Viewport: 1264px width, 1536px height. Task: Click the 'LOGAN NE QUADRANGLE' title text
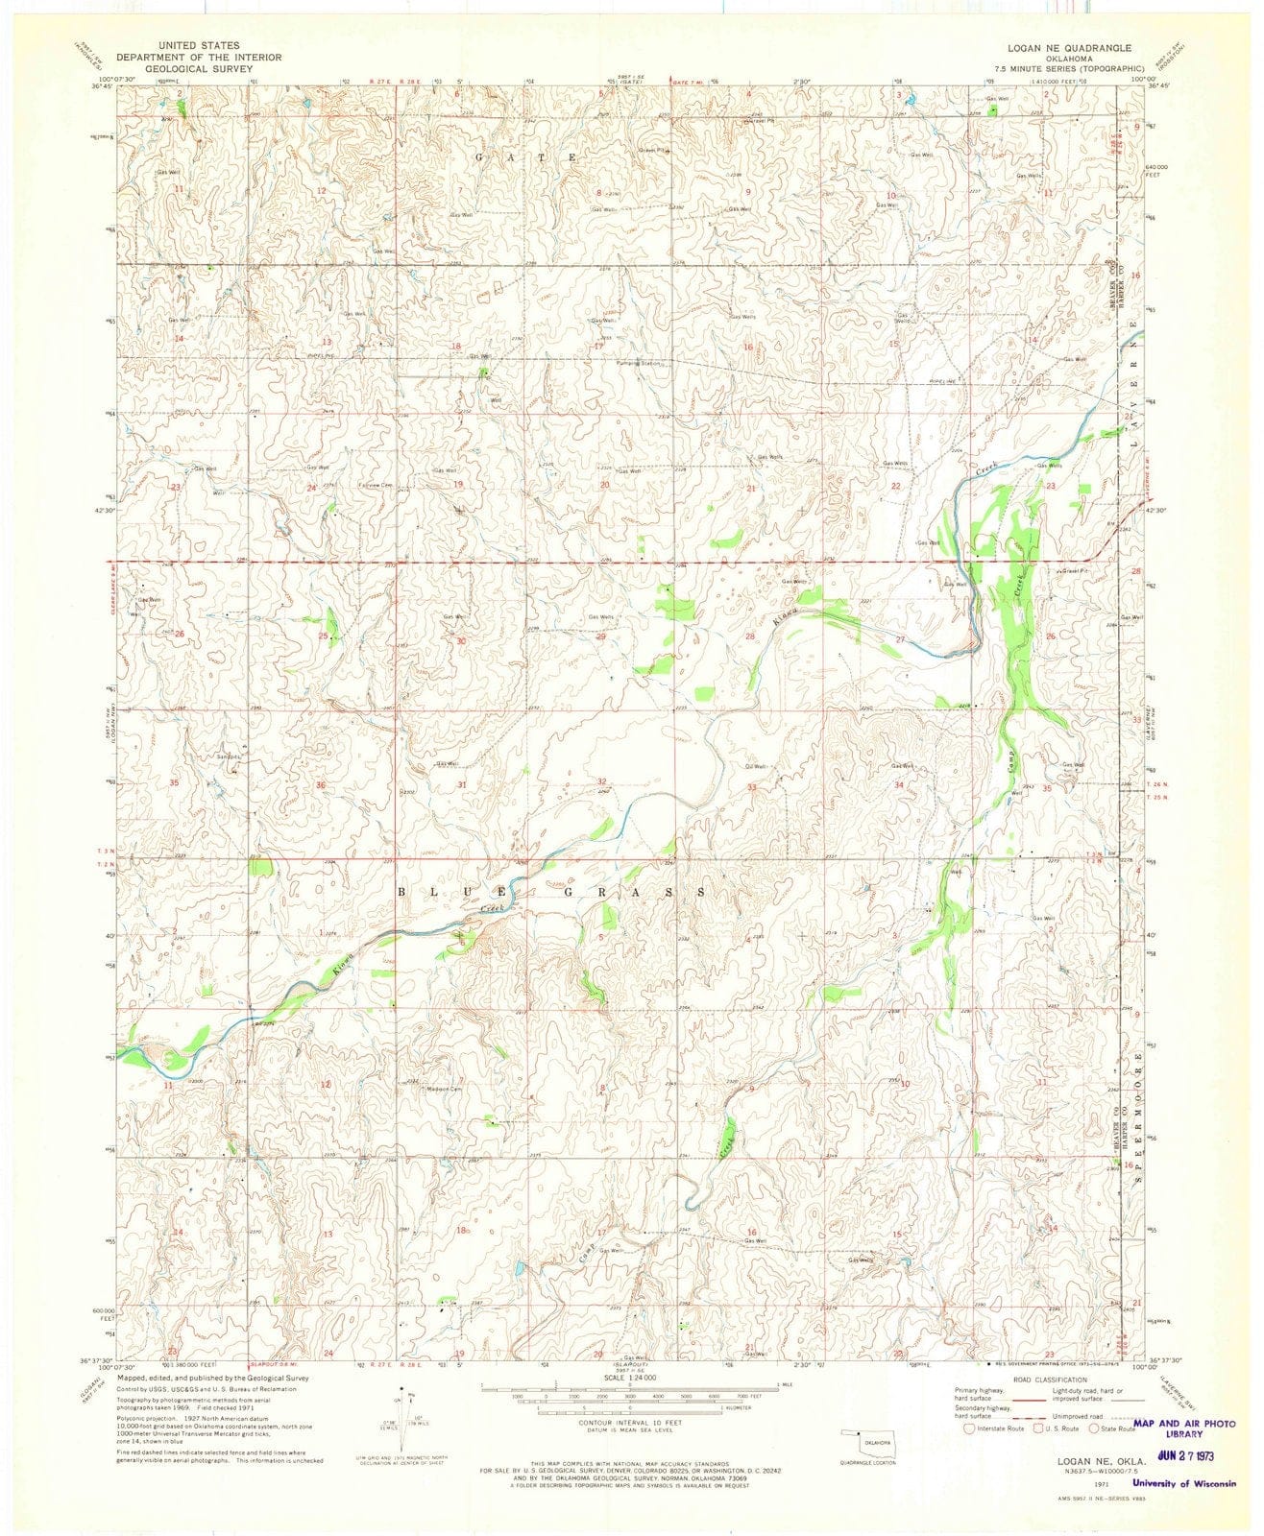tap(1067, 47)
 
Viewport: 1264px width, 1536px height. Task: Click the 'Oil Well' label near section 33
tap(756, 766)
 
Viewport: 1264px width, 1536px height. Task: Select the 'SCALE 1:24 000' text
tap(633, 1380)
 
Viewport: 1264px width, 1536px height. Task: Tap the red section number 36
tap(323, 785)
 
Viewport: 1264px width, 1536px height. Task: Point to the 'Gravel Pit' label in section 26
tap(1077, 570)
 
